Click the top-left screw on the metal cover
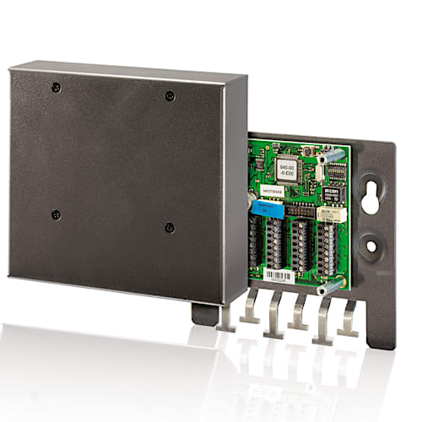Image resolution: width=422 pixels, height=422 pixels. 55,87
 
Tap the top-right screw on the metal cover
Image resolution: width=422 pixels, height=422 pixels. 170,95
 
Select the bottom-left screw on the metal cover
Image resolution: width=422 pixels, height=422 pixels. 56,214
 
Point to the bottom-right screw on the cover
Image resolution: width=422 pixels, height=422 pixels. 170,227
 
